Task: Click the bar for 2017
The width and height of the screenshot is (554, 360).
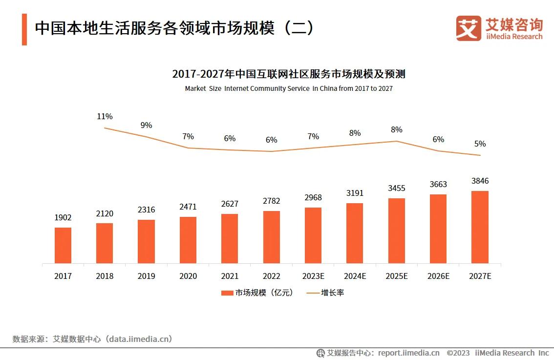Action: click(x=63, y=245)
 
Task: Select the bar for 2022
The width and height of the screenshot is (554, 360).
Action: click(x=272, y=237)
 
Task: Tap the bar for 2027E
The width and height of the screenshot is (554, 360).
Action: click(x=480, y=227)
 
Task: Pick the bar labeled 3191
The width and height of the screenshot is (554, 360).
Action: click(x=355, y=233)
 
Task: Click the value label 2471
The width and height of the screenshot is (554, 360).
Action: click(x=188, y=207)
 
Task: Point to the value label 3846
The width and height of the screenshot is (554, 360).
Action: click(x=480, y=181)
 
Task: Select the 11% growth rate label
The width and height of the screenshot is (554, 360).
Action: click(x=105, y=116)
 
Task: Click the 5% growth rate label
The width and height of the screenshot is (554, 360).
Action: click(x=480, y=144)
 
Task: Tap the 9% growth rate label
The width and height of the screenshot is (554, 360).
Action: click(x=146, y=125)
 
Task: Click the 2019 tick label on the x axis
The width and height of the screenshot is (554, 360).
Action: click(x=146, y=276)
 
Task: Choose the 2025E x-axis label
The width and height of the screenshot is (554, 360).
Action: click(x=396, y=276)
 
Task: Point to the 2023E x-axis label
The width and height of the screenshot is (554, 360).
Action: click(x=313, y=276)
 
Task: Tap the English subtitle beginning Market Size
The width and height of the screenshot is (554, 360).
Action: click(x=289, y=89)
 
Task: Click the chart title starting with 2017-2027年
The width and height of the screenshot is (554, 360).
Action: click(x=289, y=74)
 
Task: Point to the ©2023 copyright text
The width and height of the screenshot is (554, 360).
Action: click(x=458, y=353)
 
